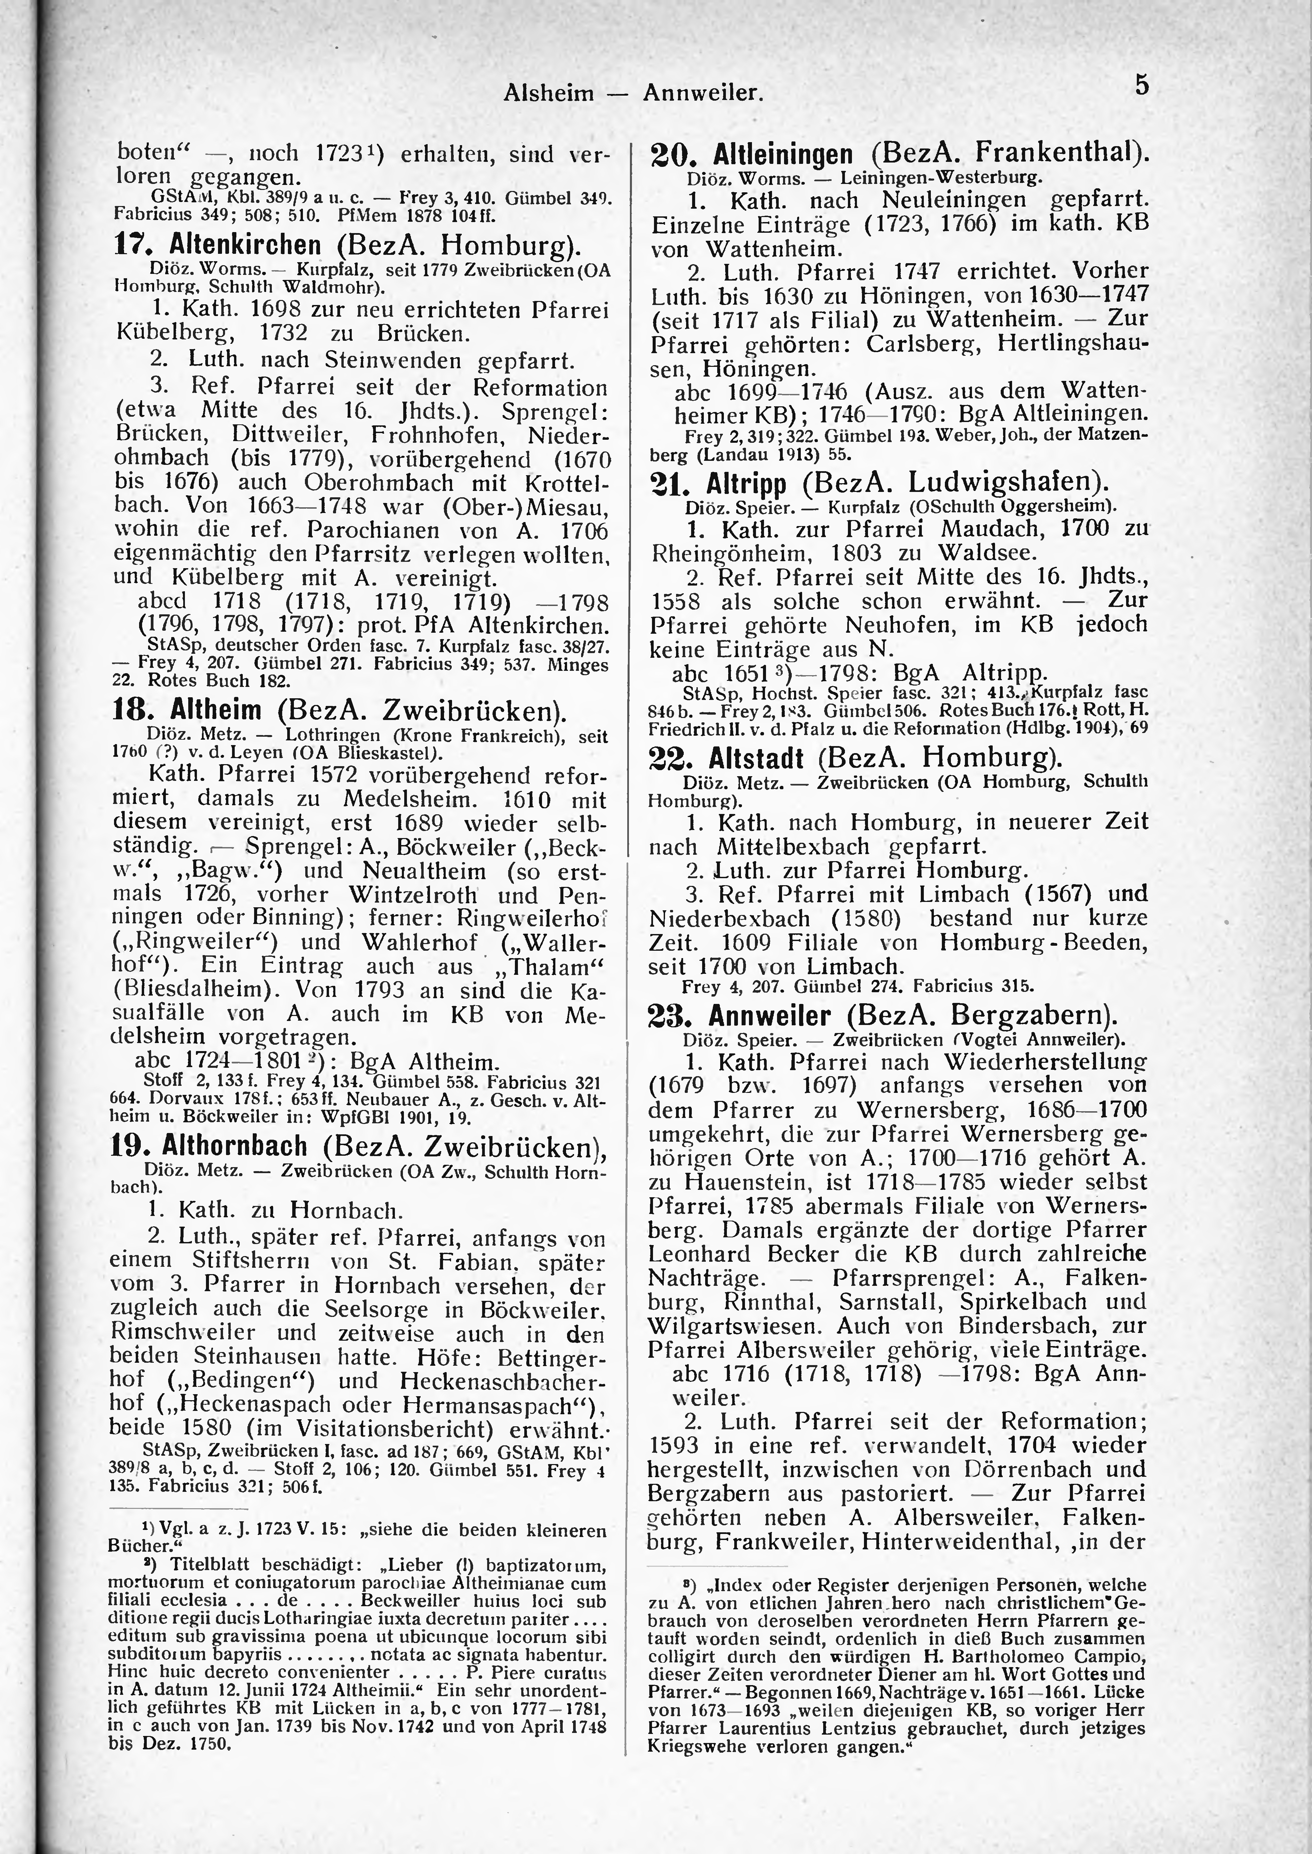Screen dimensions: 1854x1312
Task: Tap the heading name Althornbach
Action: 234,1145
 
